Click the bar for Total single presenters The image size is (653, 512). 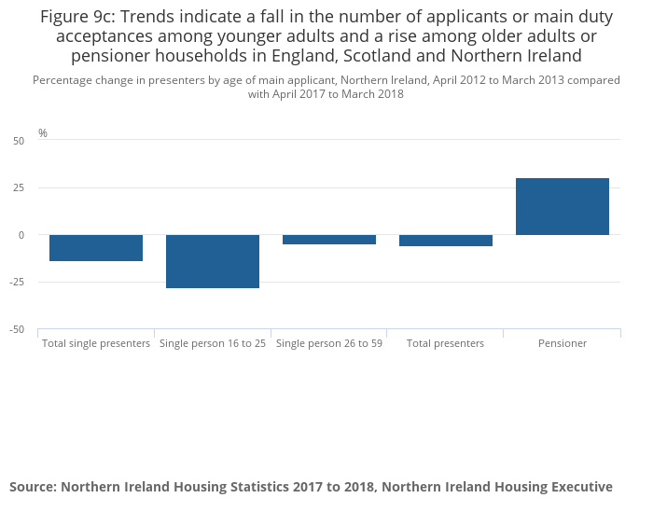coord(96,248)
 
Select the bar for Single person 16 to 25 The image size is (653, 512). coord(213,261)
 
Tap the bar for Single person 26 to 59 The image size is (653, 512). coord(329,240)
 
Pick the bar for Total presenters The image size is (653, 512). coord(446,241)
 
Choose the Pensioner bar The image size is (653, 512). coord(563,206)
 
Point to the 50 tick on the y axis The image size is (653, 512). coord(19,141)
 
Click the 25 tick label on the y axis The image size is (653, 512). coord(19,187)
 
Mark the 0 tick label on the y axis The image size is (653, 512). coord(21,235)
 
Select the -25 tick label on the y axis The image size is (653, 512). coord(17,282)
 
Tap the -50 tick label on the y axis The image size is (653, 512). coord(17,329)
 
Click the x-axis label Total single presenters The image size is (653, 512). coord(96,343)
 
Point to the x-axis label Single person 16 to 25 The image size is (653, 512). coord(213,343)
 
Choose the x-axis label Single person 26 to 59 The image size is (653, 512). coord(329,343)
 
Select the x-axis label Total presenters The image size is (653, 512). coord(446,343)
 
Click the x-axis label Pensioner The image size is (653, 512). coord(563,343)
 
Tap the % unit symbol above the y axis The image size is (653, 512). coord(43,133)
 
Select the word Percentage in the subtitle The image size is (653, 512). coord(63,80)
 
